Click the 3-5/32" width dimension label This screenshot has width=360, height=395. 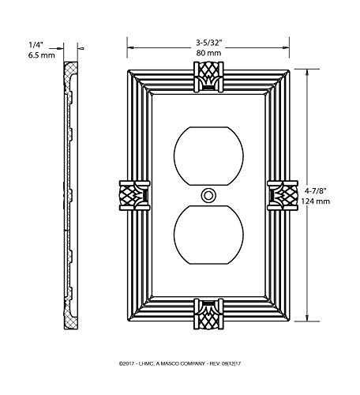coord(209,43)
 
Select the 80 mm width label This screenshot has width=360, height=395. coord(208,53)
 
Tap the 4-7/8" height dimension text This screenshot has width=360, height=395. coord(315,190)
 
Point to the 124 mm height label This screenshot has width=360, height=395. coord(315,201)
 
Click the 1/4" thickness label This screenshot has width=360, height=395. coord(36,45)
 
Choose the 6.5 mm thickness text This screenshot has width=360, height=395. coord(42,55)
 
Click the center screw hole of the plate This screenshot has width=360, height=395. coord(208,196)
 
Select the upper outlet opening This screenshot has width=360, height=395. coord(208,156)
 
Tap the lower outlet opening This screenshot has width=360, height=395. coord(208,235)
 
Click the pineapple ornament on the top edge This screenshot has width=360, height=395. coord(208,77)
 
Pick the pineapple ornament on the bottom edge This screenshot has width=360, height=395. coord(208,314)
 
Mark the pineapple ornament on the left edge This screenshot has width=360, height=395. coord(134,195)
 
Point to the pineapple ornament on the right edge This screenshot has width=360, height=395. coord(283,195)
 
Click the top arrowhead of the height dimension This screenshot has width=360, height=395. coord(307,72)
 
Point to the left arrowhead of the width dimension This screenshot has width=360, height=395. coord(131,47)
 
